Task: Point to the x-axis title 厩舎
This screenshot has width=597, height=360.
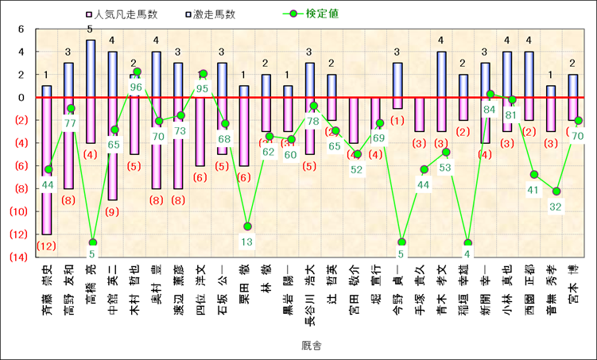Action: (298, 346)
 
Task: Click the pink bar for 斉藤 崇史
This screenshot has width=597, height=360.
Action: (47, 167)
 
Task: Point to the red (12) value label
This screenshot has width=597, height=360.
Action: (47, 246)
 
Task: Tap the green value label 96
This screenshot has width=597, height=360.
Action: (135, 87)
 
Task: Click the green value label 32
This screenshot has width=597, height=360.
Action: (556, 207)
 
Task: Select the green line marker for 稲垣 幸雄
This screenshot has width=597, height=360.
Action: (468, 243)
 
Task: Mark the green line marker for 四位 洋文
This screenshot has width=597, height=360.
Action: (203, 74)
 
